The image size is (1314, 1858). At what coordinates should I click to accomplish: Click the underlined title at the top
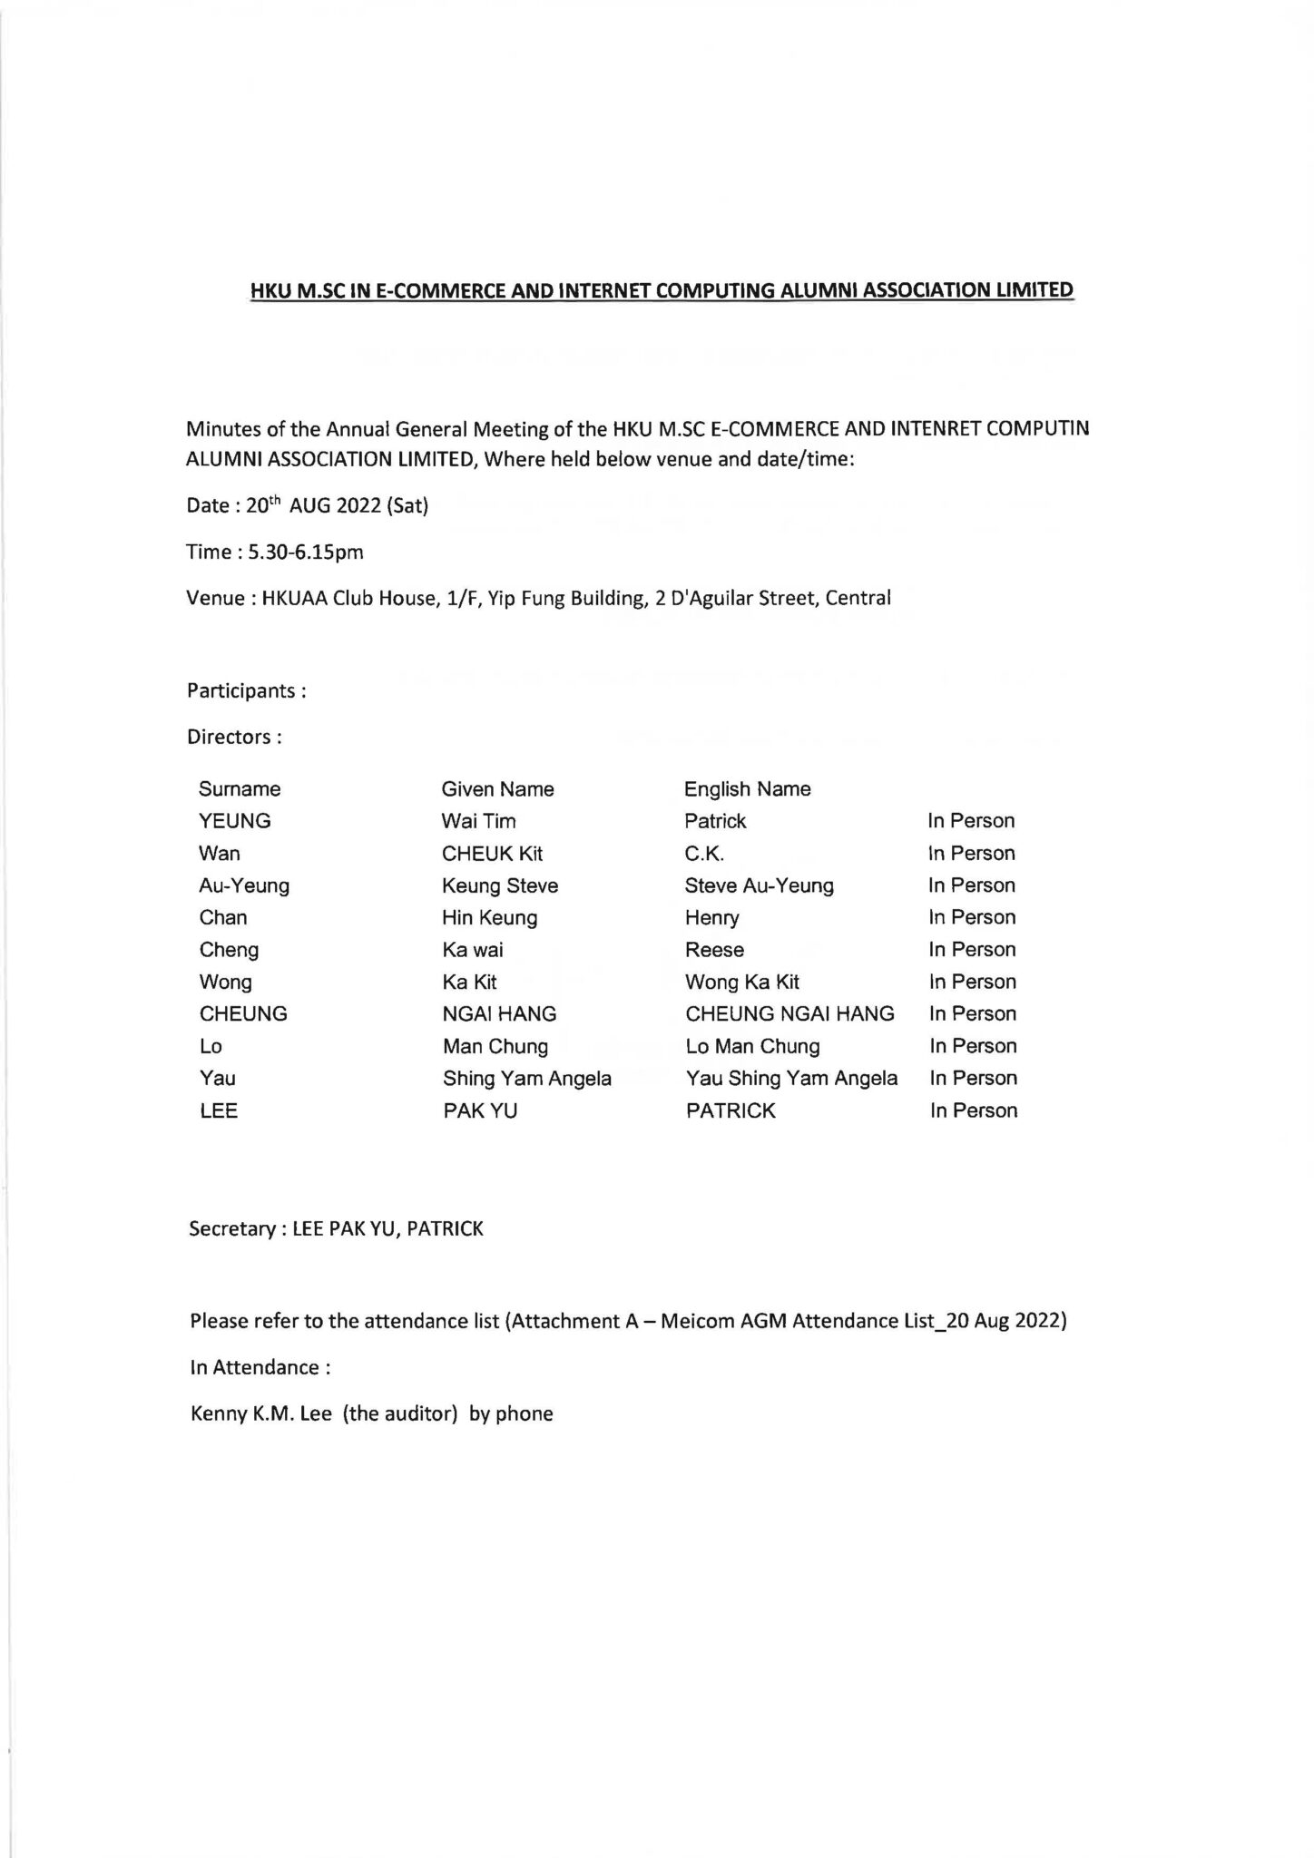click(x=662, y=290)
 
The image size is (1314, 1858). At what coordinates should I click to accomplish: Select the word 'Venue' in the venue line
click(x=216, y=598)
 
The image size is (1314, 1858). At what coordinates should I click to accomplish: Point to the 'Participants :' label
click(x=246, y=690)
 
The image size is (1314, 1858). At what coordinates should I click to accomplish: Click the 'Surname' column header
click(x=240, y=789)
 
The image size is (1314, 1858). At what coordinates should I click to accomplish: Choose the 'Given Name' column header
click(x=497, y=789)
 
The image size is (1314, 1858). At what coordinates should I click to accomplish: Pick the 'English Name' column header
click(x=747, y=789)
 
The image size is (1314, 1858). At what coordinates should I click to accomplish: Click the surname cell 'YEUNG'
click(x=235, y=821)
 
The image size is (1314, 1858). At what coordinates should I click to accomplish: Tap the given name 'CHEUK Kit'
click(x=492, y=854)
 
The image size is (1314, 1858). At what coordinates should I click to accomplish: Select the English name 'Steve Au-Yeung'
click(x=759, y=885)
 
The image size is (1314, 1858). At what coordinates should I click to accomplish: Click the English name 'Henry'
click(x=711, y=918)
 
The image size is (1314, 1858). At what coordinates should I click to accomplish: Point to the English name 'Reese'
click(x=714, y=950)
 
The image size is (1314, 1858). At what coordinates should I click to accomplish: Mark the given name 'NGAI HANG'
click(x=499, y=1014)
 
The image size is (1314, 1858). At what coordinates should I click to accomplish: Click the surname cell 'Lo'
click(x=211, y=1046)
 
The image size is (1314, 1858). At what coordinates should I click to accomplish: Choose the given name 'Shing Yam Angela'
click(x=526, y=1079)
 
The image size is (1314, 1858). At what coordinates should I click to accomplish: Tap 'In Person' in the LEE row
click(x=973, y=1110)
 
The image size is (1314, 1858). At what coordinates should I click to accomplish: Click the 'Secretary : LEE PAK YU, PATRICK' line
click(x=336, y=1229)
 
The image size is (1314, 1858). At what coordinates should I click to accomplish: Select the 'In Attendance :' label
click(x=260, y=1367)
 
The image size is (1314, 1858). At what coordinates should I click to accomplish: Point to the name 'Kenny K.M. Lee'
click(x=261, y=1413)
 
